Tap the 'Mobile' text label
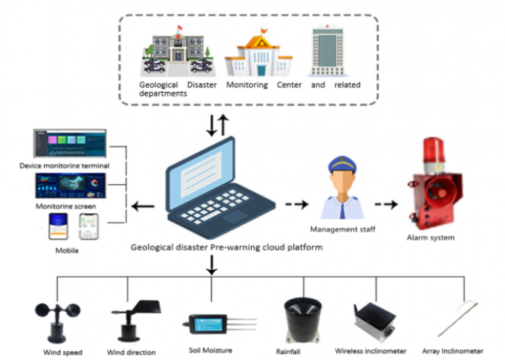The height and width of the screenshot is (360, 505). pyautogui.click(x=67, y=251)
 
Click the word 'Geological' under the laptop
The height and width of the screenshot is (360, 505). pyautogui.click(x=151, y=247)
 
